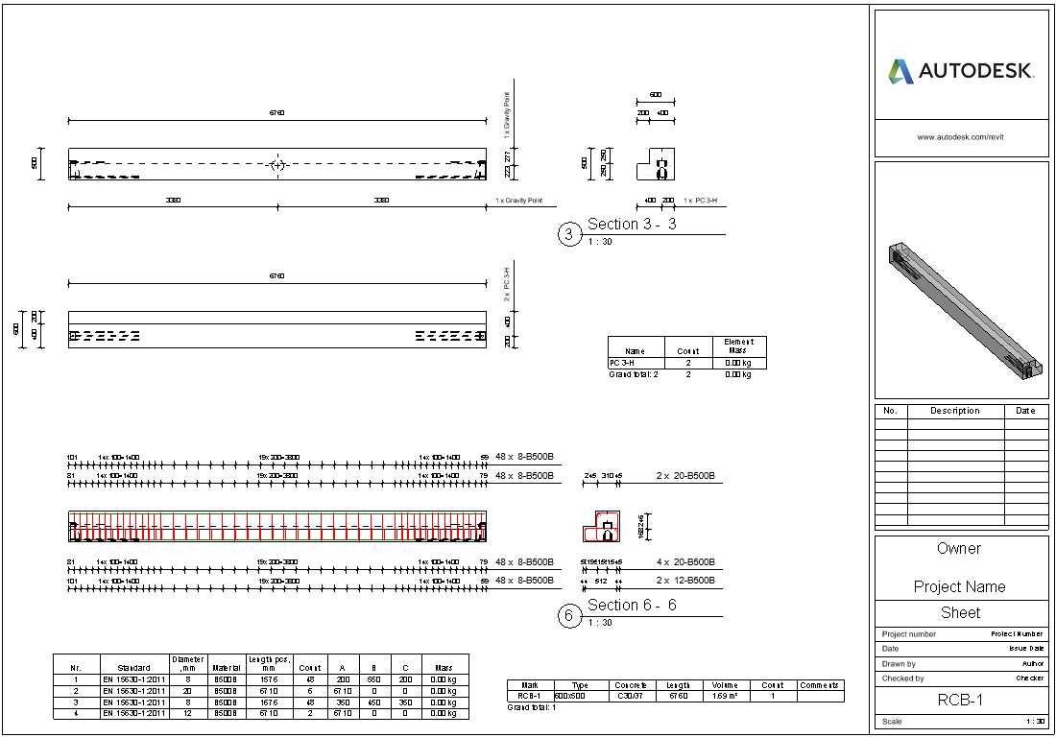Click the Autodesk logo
pyautogui.click(x=960, y=71)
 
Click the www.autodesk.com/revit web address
pyautogui.click(x=961, y=137)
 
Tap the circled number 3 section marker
pyautogui.click(x=569, y=234)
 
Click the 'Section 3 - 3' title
pyautogui.click(x=632, y=225)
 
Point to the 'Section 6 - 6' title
pyautogui.click(x=632, y=606)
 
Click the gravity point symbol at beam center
pyautogui.click(x=277, y=165)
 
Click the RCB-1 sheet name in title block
pyautogui.click(x=961, y=701)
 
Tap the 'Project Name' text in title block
pyautogui.click(x=960, y=587)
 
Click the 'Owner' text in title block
pyautogui.click(x=959, y=549)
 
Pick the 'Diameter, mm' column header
pyautogui.click(x=188, y=663)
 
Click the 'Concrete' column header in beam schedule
pyautogui.click(x=631, y=685)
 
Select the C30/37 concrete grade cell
pyautogui.click(x=631, y=696)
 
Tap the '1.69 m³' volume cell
pyautogui.click(x=724, y=696)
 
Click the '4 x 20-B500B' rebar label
pyautogui.click(x=685, y=562)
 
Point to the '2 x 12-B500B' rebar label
pyautogui.click(x=685, y=581)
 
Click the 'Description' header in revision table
pyautogui.click(x=955, y=411)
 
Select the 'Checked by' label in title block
pyautogui.click(x=903, y=678)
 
